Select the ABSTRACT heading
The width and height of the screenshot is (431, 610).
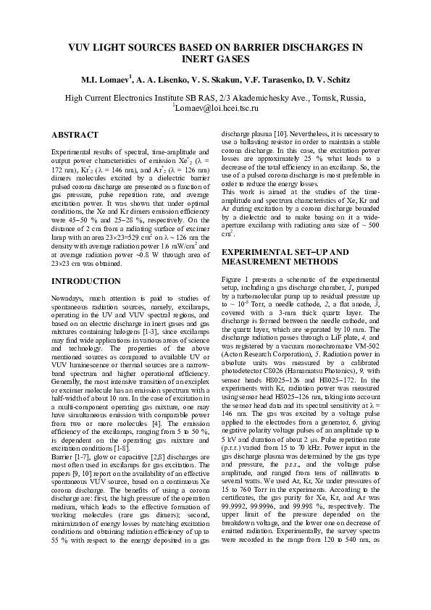click(75, 135)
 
